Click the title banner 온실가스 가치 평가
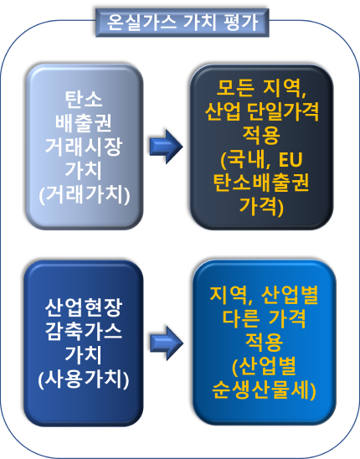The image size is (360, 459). [x=182, y=23]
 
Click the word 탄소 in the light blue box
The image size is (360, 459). [x=84, y=99]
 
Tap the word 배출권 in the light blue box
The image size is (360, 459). [x=84, y=122]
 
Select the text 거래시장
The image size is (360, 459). [x=84, y=147]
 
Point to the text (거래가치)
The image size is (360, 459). [x=85, y=194]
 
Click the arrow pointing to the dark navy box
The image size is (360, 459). [x=167, y=147]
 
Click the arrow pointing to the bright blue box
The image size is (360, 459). [x=167, y=343]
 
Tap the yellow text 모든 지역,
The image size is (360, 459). [x=261, y=88]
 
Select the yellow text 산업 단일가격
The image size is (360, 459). [x=261, y=111]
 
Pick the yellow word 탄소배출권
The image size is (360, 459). [x=261, y=183]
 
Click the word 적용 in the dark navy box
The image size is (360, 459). [x=261, y=135]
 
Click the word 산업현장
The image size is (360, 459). [x=84, y=307]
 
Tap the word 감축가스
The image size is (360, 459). [x=84, y=332]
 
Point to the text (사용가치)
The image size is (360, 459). [x=84, y=379]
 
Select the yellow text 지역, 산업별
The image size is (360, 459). [x=264, y=295]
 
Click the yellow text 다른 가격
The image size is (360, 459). [x=264, y=318]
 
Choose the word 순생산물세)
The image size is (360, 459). [x=264, y=390]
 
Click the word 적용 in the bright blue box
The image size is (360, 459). [x=264, y=343]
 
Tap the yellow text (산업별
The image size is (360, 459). [x=264, y=366]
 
